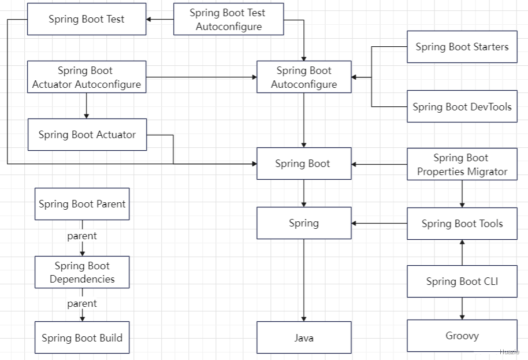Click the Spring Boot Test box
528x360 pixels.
[87, 19]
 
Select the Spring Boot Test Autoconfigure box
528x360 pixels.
[229, 19]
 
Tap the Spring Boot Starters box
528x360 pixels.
[462, 47]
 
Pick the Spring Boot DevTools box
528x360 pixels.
[462, 106]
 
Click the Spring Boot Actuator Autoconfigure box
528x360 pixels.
[87, 77]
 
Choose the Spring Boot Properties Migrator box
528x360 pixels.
[462, 164]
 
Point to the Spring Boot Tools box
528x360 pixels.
[462, 224]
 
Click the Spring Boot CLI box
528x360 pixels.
[462, 281]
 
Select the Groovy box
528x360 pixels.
[462, 336]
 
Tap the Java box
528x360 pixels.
[304, 337]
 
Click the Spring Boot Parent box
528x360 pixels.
[82, 204]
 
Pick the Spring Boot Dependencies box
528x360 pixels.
[82, 272]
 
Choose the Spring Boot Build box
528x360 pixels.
[82, 337]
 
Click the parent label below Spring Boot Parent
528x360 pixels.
[82, 236]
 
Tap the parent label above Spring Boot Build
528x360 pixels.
[82, 304]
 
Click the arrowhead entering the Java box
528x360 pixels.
[304, 319]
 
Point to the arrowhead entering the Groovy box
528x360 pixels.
[462, 317]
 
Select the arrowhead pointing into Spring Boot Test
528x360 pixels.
[148, 19]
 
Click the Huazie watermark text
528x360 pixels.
[509, 352]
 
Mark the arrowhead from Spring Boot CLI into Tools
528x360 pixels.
[462, 242]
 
